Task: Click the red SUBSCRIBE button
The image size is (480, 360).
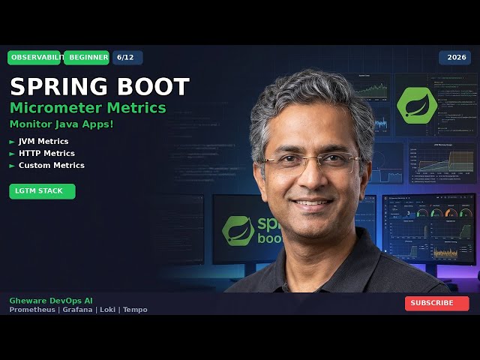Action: coord(436,303)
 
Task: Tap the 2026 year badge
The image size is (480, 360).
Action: coord(456,58)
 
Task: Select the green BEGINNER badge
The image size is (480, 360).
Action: coord(86,58)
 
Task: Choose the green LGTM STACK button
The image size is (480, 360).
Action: coord(42,191)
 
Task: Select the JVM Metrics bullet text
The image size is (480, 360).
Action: coord(43,141)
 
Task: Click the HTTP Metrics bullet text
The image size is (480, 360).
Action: coord(46,153)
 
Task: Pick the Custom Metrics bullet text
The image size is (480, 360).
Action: coord(51,165)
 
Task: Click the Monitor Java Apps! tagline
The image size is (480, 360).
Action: coord(61,124)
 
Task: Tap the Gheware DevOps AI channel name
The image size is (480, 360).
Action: coord(51,300)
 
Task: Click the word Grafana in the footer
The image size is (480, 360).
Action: coord(78,310)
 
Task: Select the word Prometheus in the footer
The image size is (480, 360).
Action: coord(32,310)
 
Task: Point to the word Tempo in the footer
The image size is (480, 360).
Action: coord(135,310)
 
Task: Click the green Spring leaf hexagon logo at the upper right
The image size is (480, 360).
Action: coord(417,105)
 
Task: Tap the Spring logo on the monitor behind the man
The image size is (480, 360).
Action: coord(238,230)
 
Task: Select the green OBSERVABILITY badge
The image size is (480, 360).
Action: coord(34,58)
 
